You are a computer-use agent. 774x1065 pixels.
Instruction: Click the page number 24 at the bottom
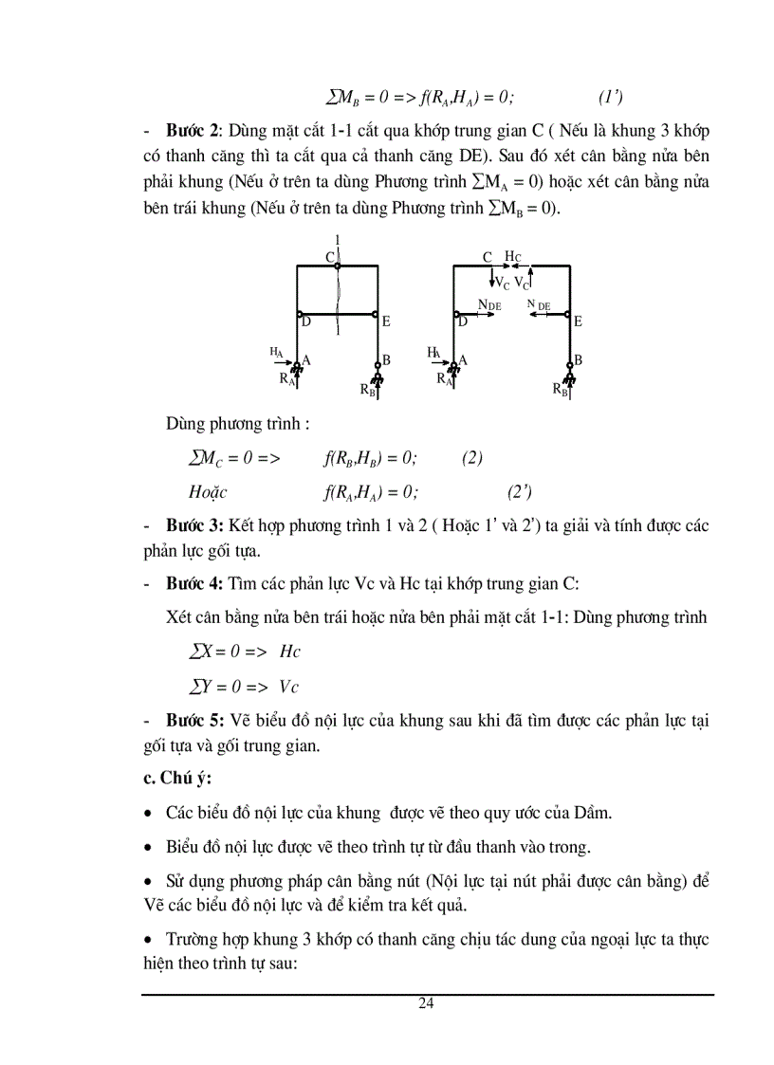tap(426, 1004)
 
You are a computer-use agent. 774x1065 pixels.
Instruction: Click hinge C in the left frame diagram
tap(338, 266)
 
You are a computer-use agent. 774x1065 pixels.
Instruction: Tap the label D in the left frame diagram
tap(306, 322)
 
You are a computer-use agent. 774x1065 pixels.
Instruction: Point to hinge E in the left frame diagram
tap(378, 314)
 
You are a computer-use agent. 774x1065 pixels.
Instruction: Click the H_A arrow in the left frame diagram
tap(282, 361)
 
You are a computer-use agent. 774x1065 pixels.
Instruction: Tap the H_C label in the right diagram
tap(512, 257)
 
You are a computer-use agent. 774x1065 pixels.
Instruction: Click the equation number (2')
tap(519, 491)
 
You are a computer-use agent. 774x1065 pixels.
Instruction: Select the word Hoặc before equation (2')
tap(209, 491)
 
